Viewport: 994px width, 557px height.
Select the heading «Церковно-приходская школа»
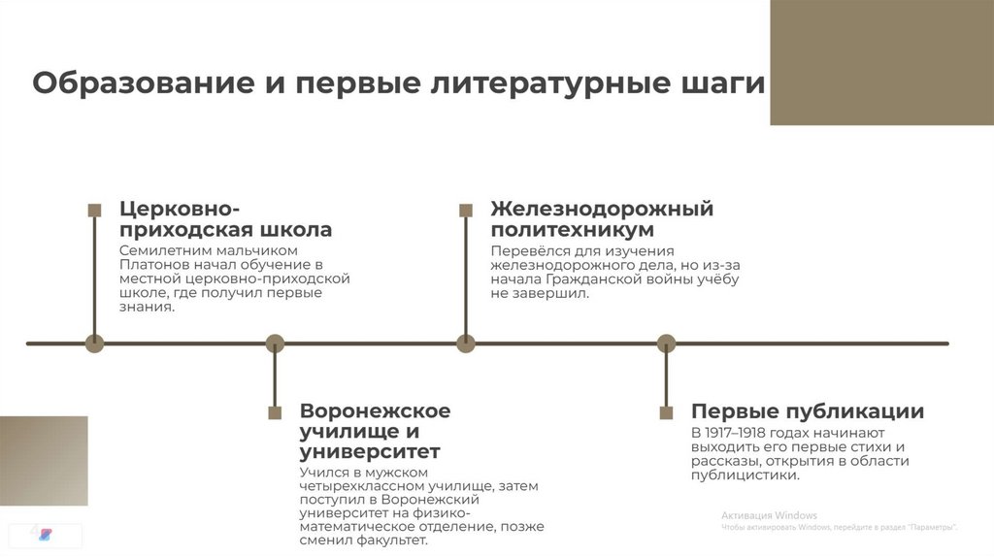click(x=225, y=219)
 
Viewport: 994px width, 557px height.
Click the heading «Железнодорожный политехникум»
click(x=601, y=219)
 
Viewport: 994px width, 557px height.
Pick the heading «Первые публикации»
click(x=807, y=411)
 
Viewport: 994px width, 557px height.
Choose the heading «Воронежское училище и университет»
click(x=375, y=431)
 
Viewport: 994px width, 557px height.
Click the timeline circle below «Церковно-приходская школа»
click(x=94, y=343)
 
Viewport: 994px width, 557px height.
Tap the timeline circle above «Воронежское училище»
click(x=275, y=343)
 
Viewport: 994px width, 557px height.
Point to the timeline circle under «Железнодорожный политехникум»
click(x=466, y=343)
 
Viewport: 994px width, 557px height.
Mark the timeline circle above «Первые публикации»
click(x=666, y=343)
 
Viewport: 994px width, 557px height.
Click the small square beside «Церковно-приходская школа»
click(x=94, y=210)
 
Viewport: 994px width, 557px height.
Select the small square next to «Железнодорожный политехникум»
click(x=466, y=210)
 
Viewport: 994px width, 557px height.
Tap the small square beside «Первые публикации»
click(x=666, y=412)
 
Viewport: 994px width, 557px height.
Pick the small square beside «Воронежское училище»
click(x=275, y=412)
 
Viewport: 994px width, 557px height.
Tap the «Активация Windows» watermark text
click(x=769, y=515)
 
